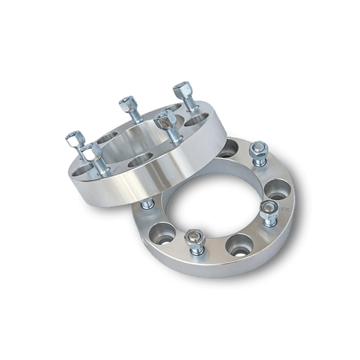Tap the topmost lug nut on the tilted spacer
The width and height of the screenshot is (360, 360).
182,89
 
